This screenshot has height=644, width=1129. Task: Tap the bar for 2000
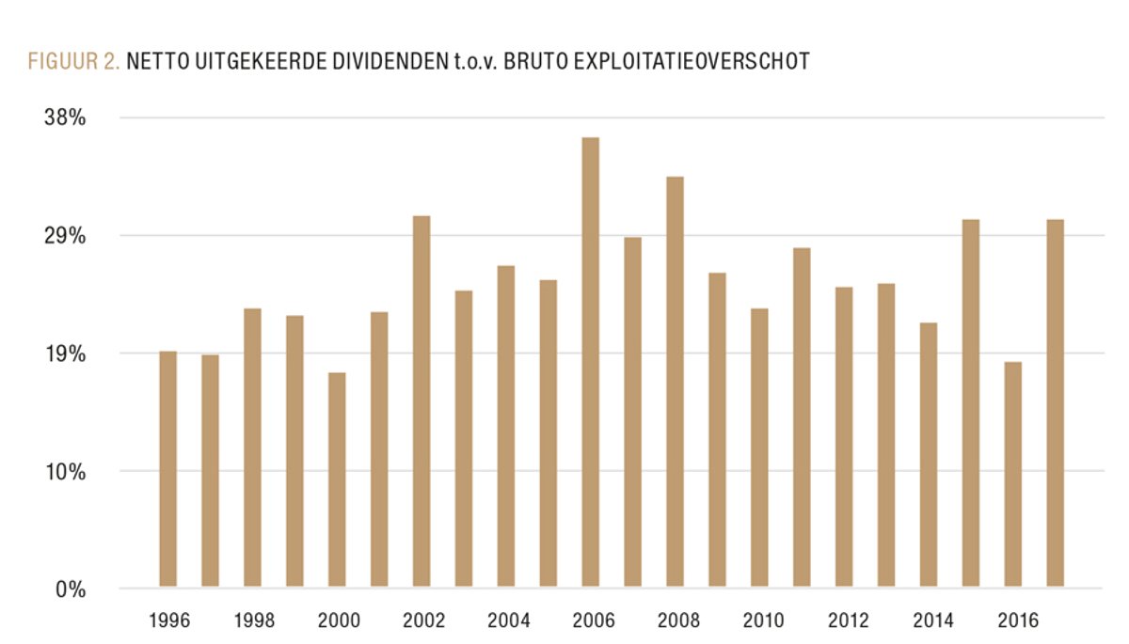(x=337, y=480)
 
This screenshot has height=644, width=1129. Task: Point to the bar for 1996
(x=167, y=470)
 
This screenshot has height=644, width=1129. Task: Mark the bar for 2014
(x=928, y=455)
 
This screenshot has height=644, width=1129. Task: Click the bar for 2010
(x=759, y=448)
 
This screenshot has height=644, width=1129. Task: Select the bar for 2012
(x=844, y=438)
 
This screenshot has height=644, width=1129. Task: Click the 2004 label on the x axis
(x=509, y=620)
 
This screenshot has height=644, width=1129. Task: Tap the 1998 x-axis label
(x=253, y=620)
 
